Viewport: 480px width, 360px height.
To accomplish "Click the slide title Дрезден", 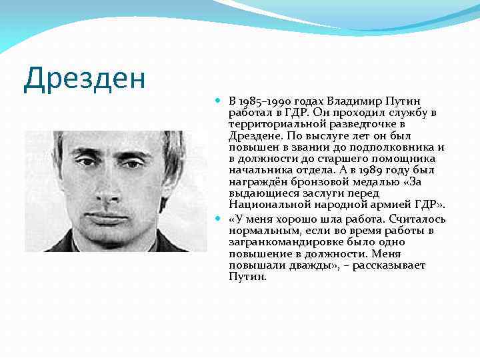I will coord(84,78).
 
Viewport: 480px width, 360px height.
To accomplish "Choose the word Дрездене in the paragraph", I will coord(253,135).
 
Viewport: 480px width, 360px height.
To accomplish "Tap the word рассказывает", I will coord(389,265).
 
